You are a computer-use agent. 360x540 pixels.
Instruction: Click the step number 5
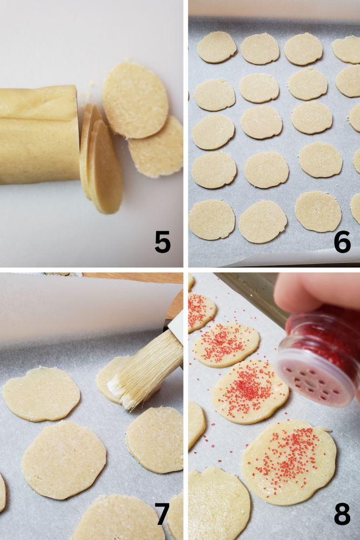[x=162, y=241]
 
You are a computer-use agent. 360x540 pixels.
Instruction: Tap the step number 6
[x=342, y=241]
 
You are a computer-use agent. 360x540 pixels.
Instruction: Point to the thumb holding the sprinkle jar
[x=302, y=294]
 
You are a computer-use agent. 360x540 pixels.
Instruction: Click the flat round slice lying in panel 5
[x=135, y=100]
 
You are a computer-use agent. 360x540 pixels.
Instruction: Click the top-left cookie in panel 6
[x=216, y=47]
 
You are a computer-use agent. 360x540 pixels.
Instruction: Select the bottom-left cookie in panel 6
[x=212, y=220]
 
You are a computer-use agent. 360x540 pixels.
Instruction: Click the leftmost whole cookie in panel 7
[x=41, y=393]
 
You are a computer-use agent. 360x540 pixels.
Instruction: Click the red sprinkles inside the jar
[x=324, y=329]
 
